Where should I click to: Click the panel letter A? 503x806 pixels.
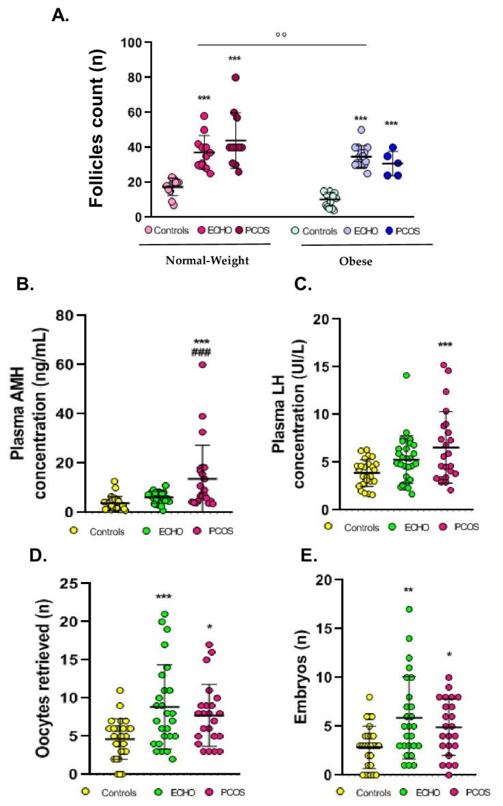click(61, 15)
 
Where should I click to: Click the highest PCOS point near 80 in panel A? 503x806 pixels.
click(235, 77)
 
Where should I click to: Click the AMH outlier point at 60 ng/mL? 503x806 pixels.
click(203, 365)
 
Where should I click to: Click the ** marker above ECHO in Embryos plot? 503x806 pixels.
click(408, 591)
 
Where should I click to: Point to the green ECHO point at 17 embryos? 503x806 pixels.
click(408, 609)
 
